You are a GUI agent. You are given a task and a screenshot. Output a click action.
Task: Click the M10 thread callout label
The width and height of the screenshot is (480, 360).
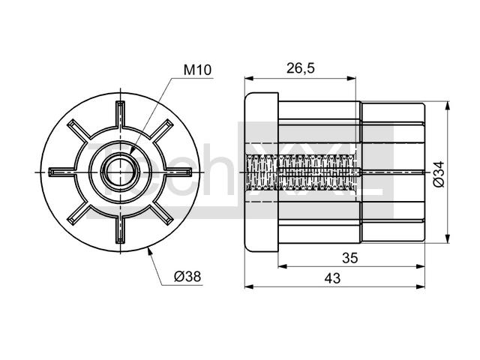(197, 70)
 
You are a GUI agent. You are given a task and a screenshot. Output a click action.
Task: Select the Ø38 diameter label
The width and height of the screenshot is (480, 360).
(187, 277)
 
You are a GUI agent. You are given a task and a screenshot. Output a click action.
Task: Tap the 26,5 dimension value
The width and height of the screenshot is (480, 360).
(300, 68)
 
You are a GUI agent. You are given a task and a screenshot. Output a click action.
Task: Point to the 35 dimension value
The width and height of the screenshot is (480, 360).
(349, 258)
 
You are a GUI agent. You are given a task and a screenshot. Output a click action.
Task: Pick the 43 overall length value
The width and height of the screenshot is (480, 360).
(332, 278)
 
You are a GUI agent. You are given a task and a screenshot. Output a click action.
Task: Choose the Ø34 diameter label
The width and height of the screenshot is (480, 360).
(439, 174)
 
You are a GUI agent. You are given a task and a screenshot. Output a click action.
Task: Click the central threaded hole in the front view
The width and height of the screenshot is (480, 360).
(120, 172)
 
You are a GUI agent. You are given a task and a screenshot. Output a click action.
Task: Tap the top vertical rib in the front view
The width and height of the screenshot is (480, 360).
(120, 113)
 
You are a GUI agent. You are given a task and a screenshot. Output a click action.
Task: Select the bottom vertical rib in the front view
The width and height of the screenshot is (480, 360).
(120, 231)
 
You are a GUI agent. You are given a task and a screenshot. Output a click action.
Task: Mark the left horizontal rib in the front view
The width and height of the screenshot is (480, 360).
(61, 172)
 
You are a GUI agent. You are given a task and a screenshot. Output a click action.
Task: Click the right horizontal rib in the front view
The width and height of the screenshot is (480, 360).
(179, 172)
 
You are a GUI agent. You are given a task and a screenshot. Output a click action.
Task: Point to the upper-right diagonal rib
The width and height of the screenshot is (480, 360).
(162, 130)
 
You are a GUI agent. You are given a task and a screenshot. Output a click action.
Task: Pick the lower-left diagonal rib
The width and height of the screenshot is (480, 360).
(79, 214)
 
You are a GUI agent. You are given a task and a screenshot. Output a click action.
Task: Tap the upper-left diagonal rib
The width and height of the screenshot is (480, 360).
(79, 130)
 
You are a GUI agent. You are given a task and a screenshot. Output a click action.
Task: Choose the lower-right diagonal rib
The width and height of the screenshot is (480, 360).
(162, 214)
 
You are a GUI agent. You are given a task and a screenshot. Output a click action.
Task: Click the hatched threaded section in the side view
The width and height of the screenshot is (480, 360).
(301, 172)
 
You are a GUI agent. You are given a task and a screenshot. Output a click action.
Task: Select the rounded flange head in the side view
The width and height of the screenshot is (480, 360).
(262, 172)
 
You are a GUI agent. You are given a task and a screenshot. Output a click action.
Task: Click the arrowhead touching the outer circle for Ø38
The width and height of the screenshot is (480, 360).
(149, 252)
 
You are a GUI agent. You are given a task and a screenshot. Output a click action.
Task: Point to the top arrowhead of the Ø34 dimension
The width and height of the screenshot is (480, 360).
(448, 106)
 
